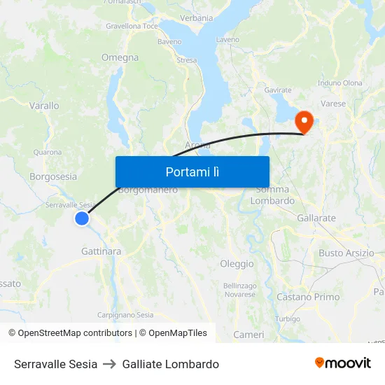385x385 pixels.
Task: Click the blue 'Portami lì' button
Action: pos(192,171)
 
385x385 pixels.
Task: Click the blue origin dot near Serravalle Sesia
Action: pos(82,218)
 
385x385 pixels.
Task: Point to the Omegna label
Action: pos(120,57)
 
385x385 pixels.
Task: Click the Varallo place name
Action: pos(44,106)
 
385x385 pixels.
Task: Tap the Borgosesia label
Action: pos(53,176)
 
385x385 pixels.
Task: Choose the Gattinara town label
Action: pos(101,251)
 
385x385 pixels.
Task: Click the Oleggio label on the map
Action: pos(237,264)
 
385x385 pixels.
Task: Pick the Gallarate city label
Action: pos(316,218)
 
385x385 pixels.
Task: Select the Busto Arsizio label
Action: pos(346,253)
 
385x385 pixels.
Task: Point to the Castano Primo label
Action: pos(308,297)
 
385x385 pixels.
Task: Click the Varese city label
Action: pos(333,104)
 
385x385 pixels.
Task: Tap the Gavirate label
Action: pos(278,90)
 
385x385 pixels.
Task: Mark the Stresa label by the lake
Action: pos(187,60)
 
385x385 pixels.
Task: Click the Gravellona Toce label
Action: pos(132,26)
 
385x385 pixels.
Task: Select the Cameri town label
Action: pos(248,335)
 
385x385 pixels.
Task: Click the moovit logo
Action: pos(342,363)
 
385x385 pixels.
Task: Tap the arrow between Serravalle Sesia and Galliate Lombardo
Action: pos(110,364)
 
